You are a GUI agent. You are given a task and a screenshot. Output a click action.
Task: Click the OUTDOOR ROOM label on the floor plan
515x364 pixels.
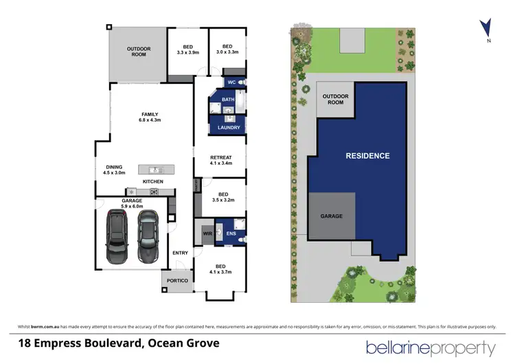(139, 52)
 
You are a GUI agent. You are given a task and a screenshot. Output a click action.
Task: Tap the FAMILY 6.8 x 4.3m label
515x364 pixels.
(150, 117)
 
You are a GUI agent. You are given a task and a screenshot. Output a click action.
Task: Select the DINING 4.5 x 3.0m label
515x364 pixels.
(114, 170)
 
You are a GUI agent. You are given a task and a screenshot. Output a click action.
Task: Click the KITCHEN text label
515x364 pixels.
(152, 181)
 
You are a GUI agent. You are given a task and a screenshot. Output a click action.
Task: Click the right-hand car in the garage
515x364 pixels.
(147, 236)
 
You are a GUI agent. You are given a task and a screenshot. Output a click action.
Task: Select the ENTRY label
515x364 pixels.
(180, 253)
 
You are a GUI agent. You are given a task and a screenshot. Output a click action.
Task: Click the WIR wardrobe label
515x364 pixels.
(207, 234)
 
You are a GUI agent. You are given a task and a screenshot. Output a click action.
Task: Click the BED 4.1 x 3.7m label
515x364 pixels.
(220, 269)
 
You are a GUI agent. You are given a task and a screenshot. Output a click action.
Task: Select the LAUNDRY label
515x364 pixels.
(228, 128)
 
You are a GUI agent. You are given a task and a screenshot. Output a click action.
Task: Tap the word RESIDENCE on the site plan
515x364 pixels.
(367, 156)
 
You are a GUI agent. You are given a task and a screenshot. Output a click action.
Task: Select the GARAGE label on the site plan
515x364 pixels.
(331, 216)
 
